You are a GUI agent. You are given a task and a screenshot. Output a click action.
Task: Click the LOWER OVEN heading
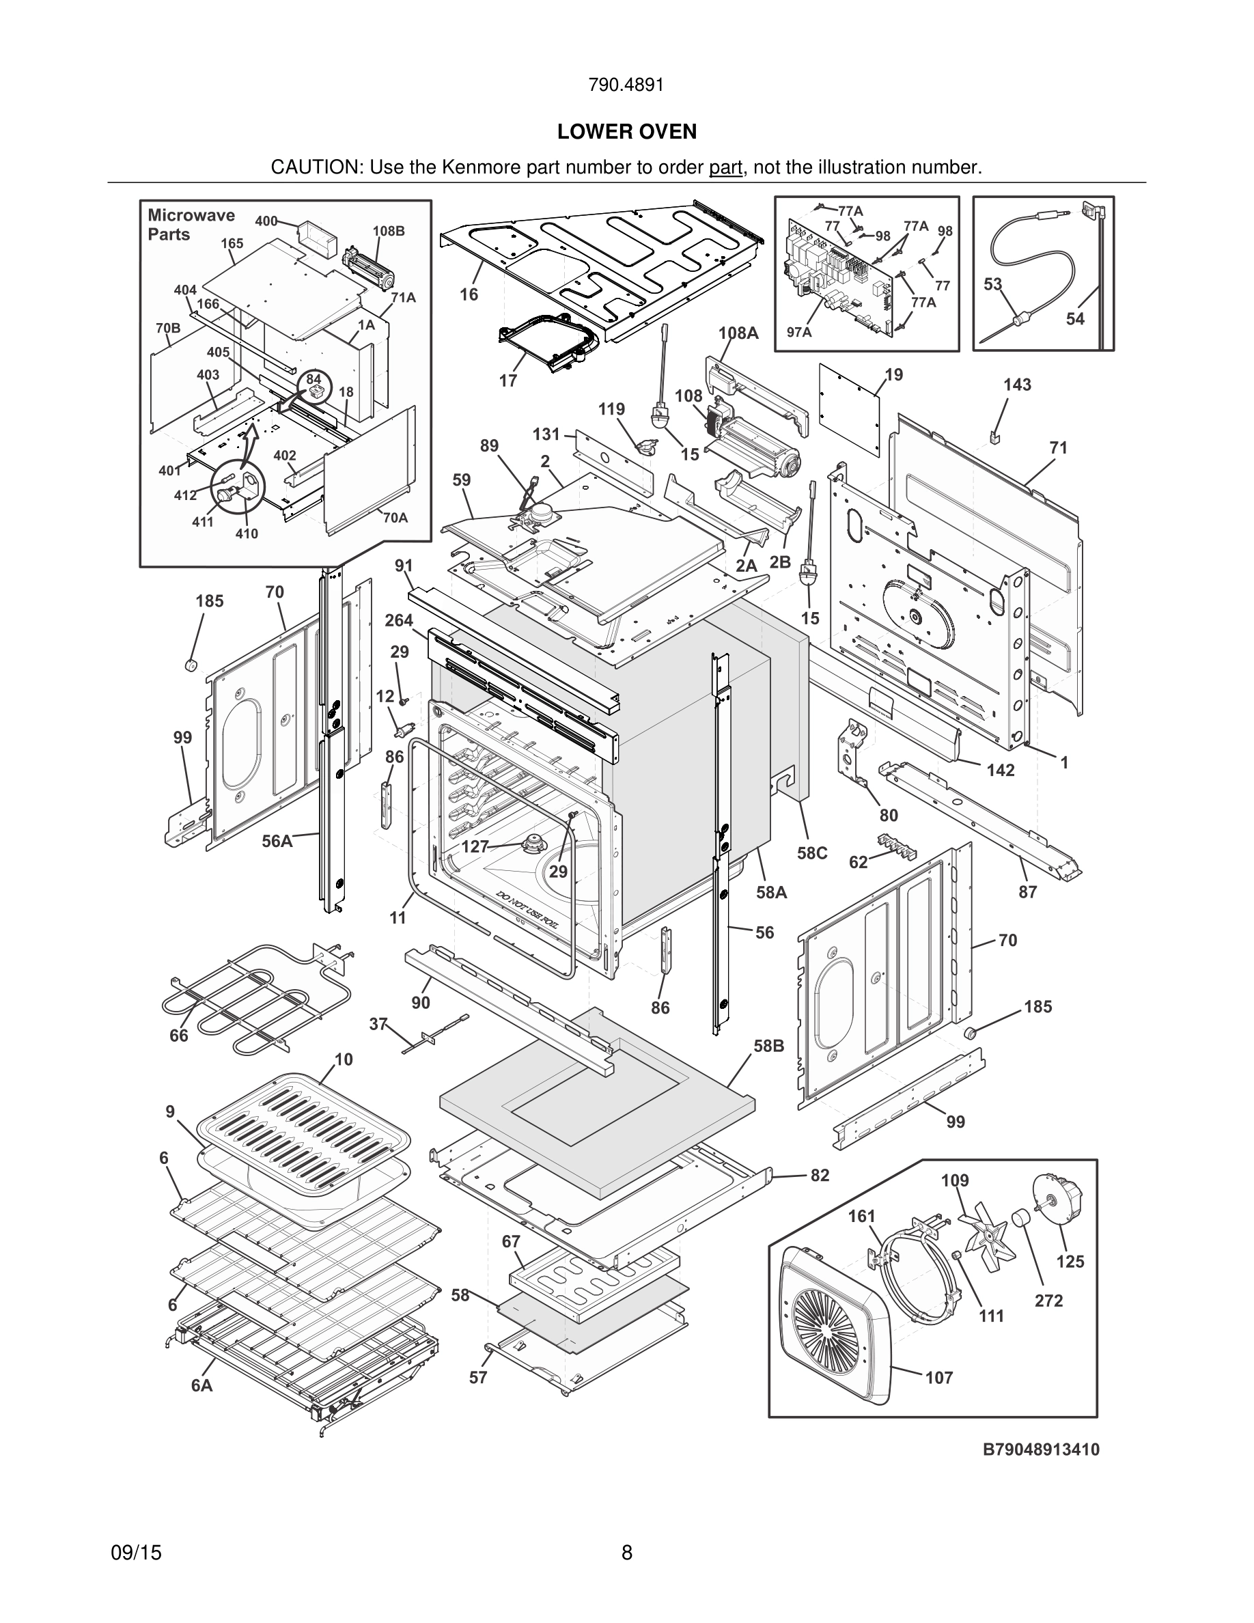(x=627, y=132)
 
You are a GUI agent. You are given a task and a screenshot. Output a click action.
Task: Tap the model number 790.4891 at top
(x=626, y=85)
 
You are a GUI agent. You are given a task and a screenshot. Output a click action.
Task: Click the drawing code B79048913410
(x=1041, y=1449)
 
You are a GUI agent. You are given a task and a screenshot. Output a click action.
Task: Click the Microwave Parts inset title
(x=191, y=225)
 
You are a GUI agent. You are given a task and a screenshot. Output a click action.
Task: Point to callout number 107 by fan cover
(x=939, y=1378)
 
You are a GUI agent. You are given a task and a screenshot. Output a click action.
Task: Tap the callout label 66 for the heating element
(x=179, y=1035)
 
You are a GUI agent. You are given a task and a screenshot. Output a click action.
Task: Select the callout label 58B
(x=769, y=1046)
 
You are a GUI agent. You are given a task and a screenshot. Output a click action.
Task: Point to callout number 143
(x=1017, y=385)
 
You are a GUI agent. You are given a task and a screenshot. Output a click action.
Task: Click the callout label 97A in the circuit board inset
(x=798, y=332)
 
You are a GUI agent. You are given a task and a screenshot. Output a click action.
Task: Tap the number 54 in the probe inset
(x=1075, y=319)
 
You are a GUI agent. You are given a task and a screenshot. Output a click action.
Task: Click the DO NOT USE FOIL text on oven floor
(x=528, y=905)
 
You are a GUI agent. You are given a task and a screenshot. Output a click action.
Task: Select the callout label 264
(x=399, y=620)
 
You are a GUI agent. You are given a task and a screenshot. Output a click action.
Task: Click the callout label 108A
(x=738, y=333)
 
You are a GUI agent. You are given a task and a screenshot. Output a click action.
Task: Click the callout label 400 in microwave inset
(x=266, y=221)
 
